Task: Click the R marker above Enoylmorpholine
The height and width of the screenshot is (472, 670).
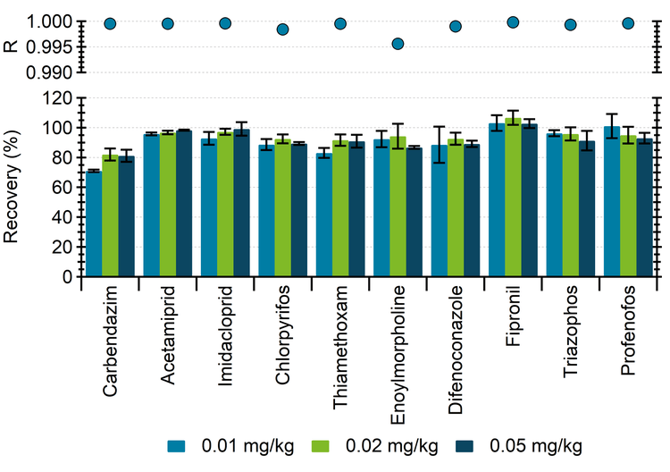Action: [x=398, y=44]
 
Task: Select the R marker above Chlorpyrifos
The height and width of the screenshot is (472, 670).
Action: [x=283, y=29]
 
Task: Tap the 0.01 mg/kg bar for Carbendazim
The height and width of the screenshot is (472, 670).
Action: [x=93, y=223]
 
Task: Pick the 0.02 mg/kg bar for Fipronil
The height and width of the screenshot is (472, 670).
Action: [x=514, y=198]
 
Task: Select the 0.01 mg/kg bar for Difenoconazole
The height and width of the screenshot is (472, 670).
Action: [x=439, y=211]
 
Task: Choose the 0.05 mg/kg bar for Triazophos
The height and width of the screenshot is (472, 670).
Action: [x=588, y=209]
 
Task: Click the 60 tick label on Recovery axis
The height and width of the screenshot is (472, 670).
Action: [x=60, y=188]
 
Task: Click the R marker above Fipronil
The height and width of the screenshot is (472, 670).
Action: [x=514, y=22]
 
